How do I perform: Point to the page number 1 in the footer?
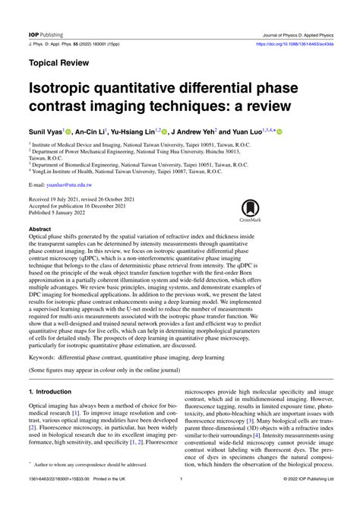(180, 501)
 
